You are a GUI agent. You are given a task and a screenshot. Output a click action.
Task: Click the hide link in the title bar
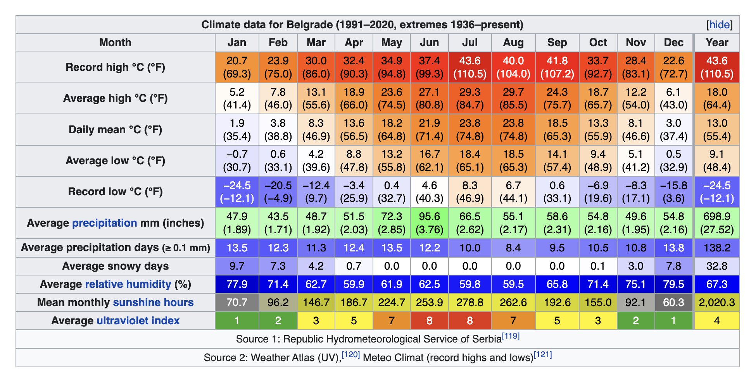point(719,25)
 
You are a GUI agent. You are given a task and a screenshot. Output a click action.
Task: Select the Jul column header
point(470,43)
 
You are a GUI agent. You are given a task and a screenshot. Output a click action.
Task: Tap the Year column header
point(717,43)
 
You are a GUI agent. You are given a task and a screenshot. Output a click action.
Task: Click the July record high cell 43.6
point(470,67)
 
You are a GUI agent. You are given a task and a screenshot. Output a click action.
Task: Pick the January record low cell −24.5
point(237,192)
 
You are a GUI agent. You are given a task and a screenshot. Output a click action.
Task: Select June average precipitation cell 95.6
point(430,223)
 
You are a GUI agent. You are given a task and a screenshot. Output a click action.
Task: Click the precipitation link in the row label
point(105,223)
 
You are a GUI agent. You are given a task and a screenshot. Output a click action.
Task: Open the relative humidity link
point(128,284)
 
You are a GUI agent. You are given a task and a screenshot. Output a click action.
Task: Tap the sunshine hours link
point(153,303)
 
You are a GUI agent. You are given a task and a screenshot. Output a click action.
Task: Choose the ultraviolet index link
point(138,321)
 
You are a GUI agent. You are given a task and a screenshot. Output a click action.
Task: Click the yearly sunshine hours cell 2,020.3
point(717,303)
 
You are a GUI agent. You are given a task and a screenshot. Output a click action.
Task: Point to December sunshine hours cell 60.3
point(674,303)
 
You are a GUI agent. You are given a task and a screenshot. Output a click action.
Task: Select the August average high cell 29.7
point(513,98)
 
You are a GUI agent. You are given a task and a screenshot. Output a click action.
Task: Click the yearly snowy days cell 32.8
point(717,266)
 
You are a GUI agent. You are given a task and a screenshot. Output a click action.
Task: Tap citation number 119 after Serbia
point(511,336)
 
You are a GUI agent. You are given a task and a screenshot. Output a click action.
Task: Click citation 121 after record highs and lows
point(543,354)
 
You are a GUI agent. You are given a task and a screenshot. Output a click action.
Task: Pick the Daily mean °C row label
point(115,129)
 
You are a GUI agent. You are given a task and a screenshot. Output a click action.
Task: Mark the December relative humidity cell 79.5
point(674,284)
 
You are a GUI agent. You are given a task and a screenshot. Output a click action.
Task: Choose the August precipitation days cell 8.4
point(513,248)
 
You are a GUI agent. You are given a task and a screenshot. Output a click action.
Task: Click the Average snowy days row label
point(115,266)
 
